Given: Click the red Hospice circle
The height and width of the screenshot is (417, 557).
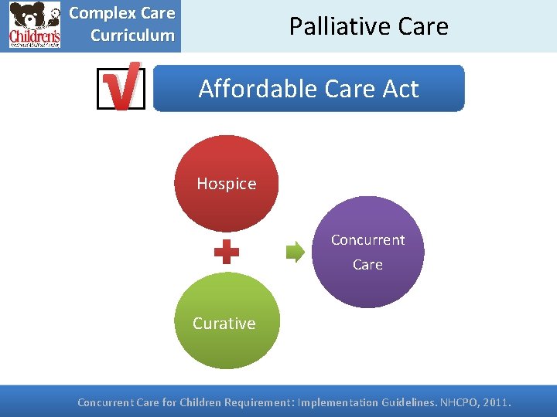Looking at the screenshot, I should [226, 184].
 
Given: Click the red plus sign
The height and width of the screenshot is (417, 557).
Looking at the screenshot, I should [226, 252].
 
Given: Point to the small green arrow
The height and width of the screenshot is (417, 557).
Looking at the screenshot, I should [296, 253].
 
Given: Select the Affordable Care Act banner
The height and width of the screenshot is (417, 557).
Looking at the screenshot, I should [309, 89].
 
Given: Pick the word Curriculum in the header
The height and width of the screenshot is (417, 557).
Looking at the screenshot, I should [132, 36].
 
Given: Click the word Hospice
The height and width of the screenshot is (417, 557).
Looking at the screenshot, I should [226, 184].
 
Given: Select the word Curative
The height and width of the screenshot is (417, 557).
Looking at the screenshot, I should [224, 324].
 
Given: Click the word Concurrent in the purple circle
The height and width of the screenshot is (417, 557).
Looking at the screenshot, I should [367, 240].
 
